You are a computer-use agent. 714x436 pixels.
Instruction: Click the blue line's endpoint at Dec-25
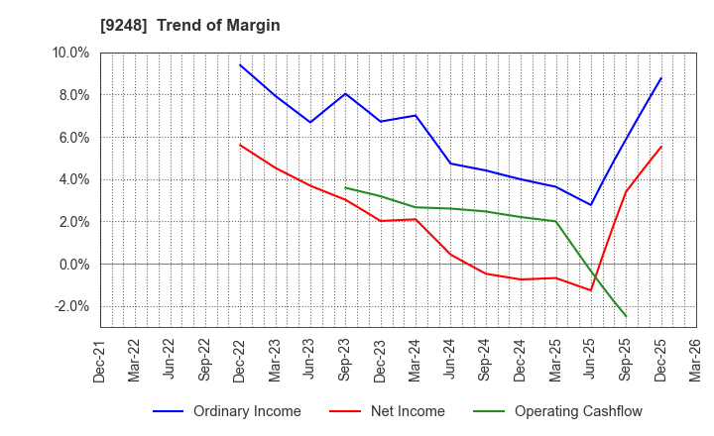pos(661,78)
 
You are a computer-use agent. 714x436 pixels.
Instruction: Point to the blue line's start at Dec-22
pos(240,65)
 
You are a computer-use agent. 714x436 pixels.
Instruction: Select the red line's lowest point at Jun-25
pos(591,290)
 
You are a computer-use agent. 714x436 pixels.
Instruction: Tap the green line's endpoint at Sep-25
pos(626,317)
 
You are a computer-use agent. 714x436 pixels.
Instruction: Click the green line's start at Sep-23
pos(345,187)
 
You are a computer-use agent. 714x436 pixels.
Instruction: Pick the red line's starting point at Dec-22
pos(240,145)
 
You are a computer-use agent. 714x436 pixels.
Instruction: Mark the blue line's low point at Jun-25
pos(591,205)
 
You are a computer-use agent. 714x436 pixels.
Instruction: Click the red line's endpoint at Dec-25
pos(661,147)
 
